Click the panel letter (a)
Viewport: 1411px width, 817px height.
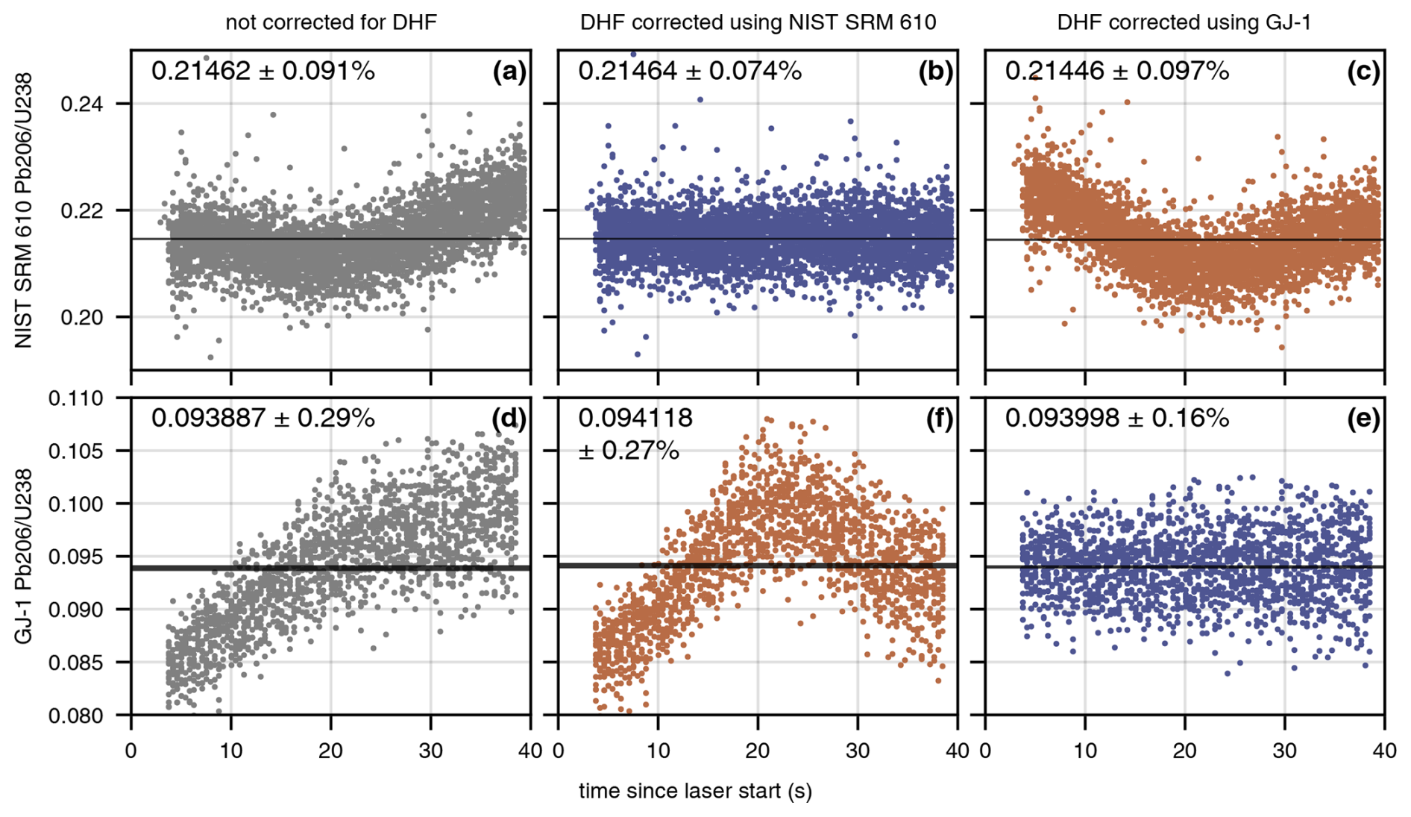click(509, 72)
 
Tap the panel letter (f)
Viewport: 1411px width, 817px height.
click(937, 419)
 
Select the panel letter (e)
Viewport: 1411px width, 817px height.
click(1363, 419)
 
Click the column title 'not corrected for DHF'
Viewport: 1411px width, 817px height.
click(331, 22)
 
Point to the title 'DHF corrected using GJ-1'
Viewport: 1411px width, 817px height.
click(1184, 22)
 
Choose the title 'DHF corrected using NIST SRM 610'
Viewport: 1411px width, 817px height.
click(758, 22)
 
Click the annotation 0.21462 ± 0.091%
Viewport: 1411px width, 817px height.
click(263, 72)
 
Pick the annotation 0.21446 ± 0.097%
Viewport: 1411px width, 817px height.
click(1116, 72)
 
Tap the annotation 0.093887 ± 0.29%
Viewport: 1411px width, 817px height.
click(263, 419)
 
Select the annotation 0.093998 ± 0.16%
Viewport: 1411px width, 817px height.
click(1116, 419)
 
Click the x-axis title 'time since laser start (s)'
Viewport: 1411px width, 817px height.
click(695, 791)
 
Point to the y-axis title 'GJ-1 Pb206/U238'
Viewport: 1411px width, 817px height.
click(24, 556)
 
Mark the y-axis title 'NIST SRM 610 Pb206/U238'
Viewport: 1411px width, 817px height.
click(24, 210)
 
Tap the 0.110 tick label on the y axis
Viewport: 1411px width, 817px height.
click(76, 398)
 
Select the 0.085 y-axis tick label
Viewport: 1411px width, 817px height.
click(76, 663)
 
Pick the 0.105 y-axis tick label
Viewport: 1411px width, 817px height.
click(76, 451)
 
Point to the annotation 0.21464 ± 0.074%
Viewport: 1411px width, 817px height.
click(690, 72)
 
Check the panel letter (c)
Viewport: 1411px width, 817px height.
click(1363, 72)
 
